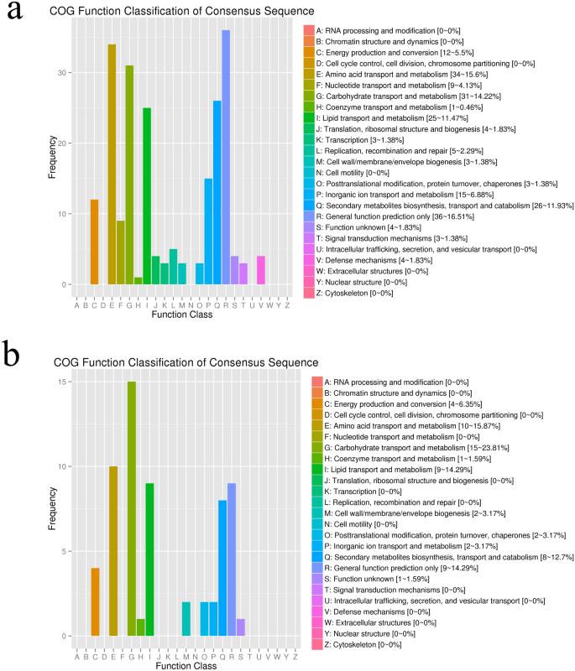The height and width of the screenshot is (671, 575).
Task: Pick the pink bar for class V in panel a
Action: pos(262,270)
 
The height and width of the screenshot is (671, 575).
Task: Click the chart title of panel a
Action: pos(170,11)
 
